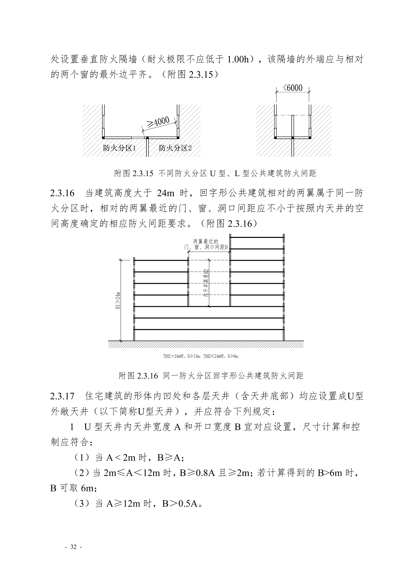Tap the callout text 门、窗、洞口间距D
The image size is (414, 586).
click(x=206, y=247)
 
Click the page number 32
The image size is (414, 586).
click(x=73, y=547)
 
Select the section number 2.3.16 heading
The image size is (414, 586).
click(x=62, y=193)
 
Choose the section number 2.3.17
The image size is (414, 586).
click(x=62, y=396)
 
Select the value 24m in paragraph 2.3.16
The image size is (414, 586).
click(x=166, y=193)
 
